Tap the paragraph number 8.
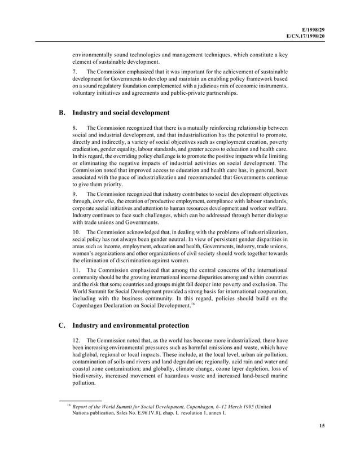coord(75,128)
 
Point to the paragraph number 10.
coord(77,232)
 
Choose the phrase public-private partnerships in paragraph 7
coord(201,94)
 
